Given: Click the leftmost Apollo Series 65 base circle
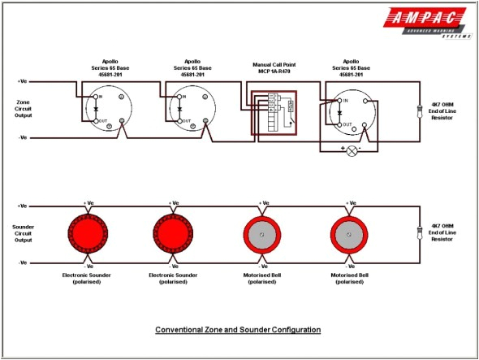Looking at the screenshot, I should (x=108, y=109).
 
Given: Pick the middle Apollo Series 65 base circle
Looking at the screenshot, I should (x=192, y=109).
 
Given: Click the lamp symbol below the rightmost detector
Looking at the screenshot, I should (x=352, y=151).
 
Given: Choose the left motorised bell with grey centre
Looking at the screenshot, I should (x=264, y=233).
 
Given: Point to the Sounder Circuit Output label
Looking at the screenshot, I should (x=25, y=232).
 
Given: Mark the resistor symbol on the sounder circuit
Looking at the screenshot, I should (x=419, y=233).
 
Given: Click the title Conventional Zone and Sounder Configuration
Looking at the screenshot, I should (x=238, y=330).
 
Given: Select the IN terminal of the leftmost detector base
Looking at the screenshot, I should (x=96, y=97).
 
